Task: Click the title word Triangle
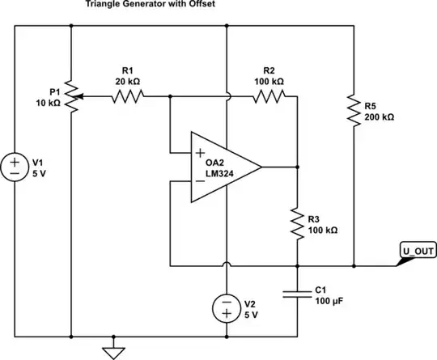coord(95,5)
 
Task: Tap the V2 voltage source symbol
coord(227,307)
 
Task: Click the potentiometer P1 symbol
coord(72,97)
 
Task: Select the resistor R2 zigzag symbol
coord(269,97)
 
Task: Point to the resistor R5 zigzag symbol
coord(354,112)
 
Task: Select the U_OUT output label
coord(417,251)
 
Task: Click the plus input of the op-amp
coord(197,152)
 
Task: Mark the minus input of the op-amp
coord(197,181)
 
